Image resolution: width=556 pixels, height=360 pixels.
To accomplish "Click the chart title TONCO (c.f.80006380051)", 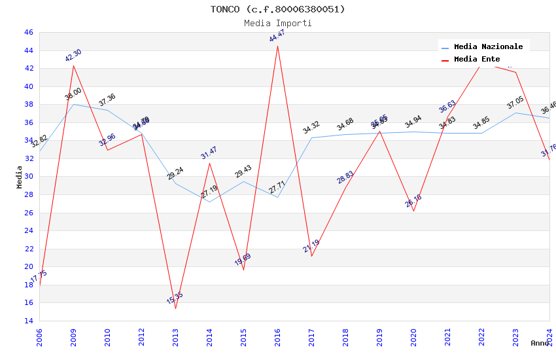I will tap(278, 9).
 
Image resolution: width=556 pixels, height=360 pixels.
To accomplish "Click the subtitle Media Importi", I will tap(278, 23).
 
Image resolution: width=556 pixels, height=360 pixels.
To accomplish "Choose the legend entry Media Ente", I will tap(477, 60).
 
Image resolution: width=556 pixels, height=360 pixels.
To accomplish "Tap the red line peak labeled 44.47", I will tap(277, 46).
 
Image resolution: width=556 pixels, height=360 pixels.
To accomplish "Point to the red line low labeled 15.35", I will tap(175, 308).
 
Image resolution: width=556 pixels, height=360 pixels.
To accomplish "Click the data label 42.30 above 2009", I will tap(73, 56).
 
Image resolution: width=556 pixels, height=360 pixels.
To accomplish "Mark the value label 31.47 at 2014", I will tap(209, 153).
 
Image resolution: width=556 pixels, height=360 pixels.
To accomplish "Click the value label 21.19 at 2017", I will tap(311, 246).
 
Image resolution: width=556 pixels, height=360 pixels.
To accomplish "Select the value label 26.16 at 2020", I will tap(413, 201).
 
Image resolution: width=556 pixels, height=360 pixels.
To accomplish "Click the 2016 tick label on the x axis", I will tap(277, 337).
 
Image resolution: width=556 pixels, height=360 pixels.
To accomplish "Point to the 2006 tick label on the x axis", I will tap(39, 337).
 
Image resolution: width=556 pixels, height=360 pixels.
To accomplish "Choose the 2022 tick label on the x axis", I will tap(481, 337).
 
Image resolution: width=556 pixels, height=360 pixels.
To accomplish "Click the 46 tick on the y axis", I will tap(28, 32).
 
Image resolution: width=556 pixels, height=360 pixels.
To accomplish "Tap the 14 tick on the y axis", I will tap(28, 321).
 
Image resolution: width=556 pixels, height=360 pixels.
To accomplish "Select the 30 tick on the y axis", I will tap(28, 177).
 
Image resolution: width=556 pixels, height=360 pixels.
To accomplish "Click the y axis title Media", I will tap(19, 177).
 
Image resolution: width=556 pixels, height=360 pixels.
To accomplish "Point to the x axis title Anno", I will tap(540, 343).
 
